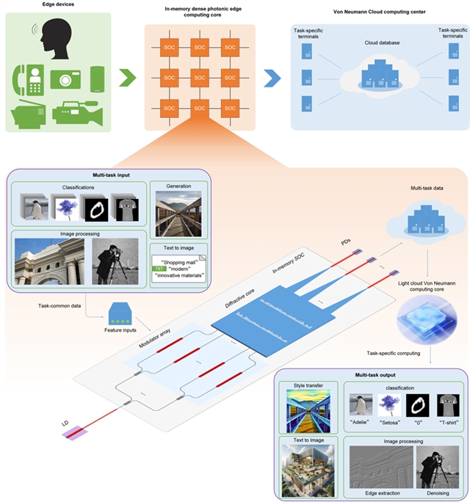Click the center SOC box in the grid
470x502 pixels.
[x=199, y=77]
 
